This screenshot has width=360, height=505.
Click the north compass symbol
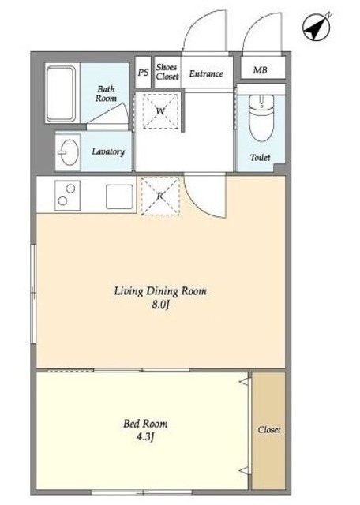tap(317, 28)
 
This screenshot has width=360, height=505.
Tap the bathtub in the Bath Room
tap(62, 94)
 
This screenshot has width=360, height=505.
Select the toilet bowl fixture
tap(261, 118)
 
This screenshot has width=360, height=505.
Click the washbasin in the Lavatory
tap(68, 152)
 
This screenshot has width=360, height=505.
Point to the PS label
tap(143, 73)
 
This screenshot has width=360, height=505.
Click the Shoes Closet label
tap(167, 72)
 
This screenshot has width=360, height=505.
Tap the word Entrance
tap(206, 73)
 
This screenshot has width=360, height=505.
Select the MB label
tap(260, 70)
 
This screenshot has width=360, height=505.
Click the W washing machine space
tap(160, 111)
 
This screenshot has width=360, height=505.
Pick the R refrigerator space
tap(160, 196)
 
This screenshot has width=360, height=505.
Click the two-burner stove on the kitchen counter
tap(67, 196)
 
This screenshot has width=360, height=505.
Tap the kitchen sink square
tap(119, 196)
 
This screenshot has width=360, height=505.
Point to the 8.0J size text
tap(161, 305)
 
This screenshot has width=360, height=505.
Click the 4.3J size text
tap(145, 437)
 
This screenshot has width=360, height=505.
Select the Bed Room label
tap(145, 424)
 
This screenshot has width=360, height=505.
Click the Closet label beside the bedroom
tap(268, 430)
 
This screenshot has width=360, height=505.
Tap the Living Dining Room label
tap(160, 291)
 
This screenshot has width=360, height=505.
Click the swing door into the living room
tap(205, 196)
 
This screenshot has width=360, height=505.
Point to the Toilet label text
tap(260, 158)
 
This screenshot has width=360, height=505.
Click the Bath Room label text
tap(106, 94)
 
